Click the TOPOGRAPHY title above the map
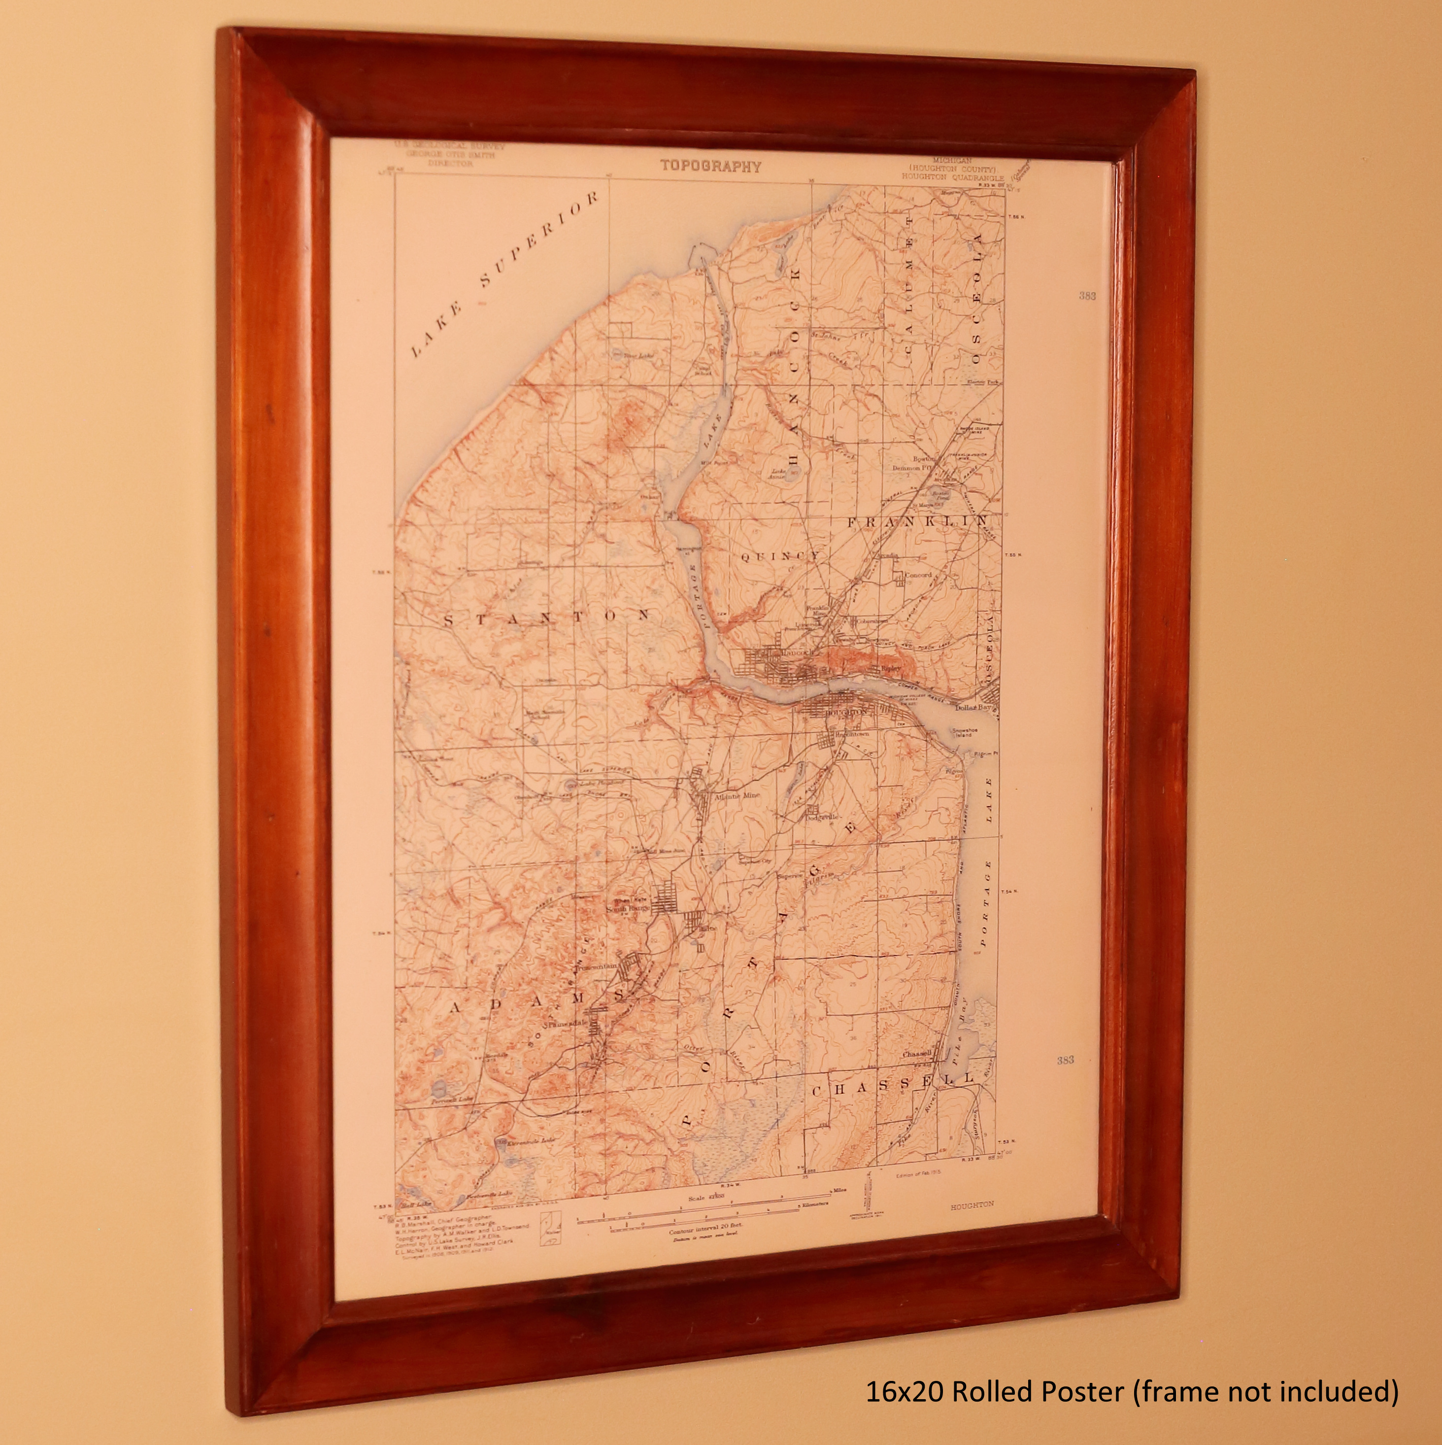pyautogui.click(x=710, y=166)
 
